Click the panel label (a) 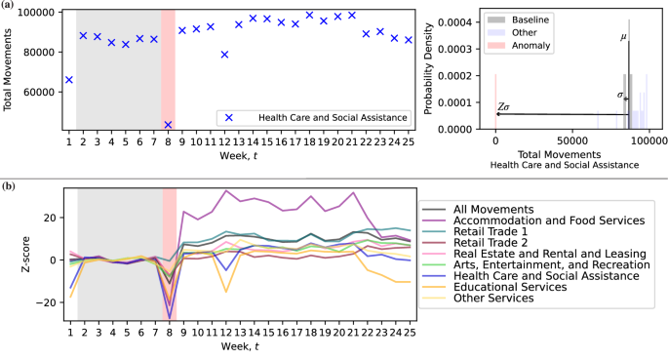pyautogui.click(x=9, y=6)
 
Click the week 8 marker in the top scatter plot pyautogui.click(x=168, y=125)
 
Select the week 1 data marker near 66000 pyautogui.click(x=68, y=80)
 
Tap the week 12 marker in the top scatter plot pyautogui.click(x=225, y=55)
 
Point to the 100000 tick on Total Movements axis pyautogui.click(x=35, y=12)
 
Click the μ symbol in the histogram pyautogui.click(x=623, y=38)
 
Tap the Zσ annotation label pyautogui.click(x=504, y=106)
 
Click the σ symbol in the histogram pyautogui.click(x=620, y=95)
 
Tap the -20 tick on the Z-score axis pyautogui.click(x=42, y=302)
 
